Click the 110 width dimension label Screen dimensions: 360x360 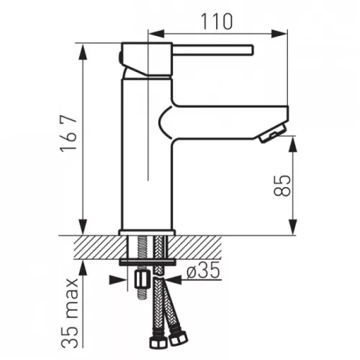tap(217, 22)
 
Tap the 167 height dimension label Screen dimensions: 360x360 tap(68, 133)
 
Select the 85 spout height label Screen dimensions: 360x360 tap(282, 186)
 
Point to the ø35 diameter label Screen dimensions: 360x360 tap(203, 270)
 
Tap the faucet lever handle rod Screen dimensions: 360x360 tap(212, 50)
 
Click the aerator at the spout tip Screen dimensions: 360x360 tap(271, 133)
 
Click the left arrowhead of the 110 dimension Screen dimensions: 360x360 tap(157, 34)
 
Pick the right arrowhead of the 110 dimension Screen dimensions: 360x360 tap(279, 34)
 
